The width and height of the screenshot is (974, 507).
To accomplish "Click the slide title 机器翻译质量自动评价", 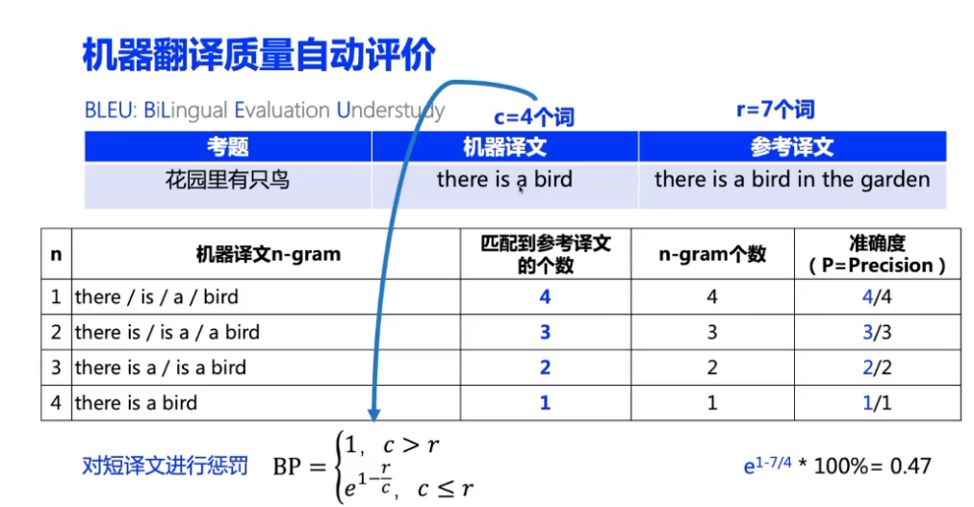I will [x=259, y=55].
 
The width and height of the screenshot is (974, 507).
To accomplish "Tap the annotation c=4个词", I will [x=534, y=117].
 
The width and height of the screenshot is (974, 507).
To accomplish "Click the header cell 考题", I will [x=228, y=146].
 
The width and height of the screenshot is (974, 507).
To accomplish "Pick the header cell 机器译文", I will [x=504, y=146].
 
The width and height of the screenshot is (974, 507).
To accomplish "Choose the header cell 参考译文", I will [x=792, y=146].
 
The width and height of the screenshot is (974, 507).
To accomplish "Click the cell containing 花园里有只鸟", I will [x=228, y=179].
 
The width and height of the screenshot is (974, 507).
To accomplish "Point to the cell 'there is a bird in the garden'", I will [x=792, y=179].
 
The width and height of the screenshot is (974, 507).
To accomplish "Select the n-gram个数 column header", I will [x=712, y=254].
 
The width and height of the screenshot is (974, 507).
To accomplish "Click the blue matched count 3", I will [x=545, y=333].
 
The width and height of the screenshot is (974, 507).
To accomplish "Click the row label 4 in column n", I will [x=56, y=403].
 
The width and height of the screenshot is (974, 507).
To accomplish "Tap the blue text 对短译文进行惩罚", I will [x=165, y=467].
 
